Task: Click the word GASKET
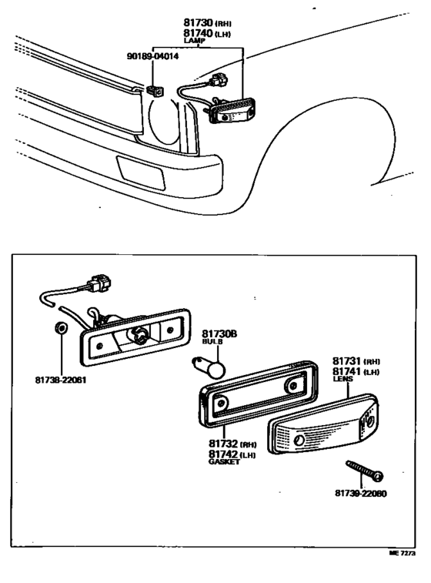tap(224, 462)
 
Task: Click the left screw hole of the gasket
tap(221, 403)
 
